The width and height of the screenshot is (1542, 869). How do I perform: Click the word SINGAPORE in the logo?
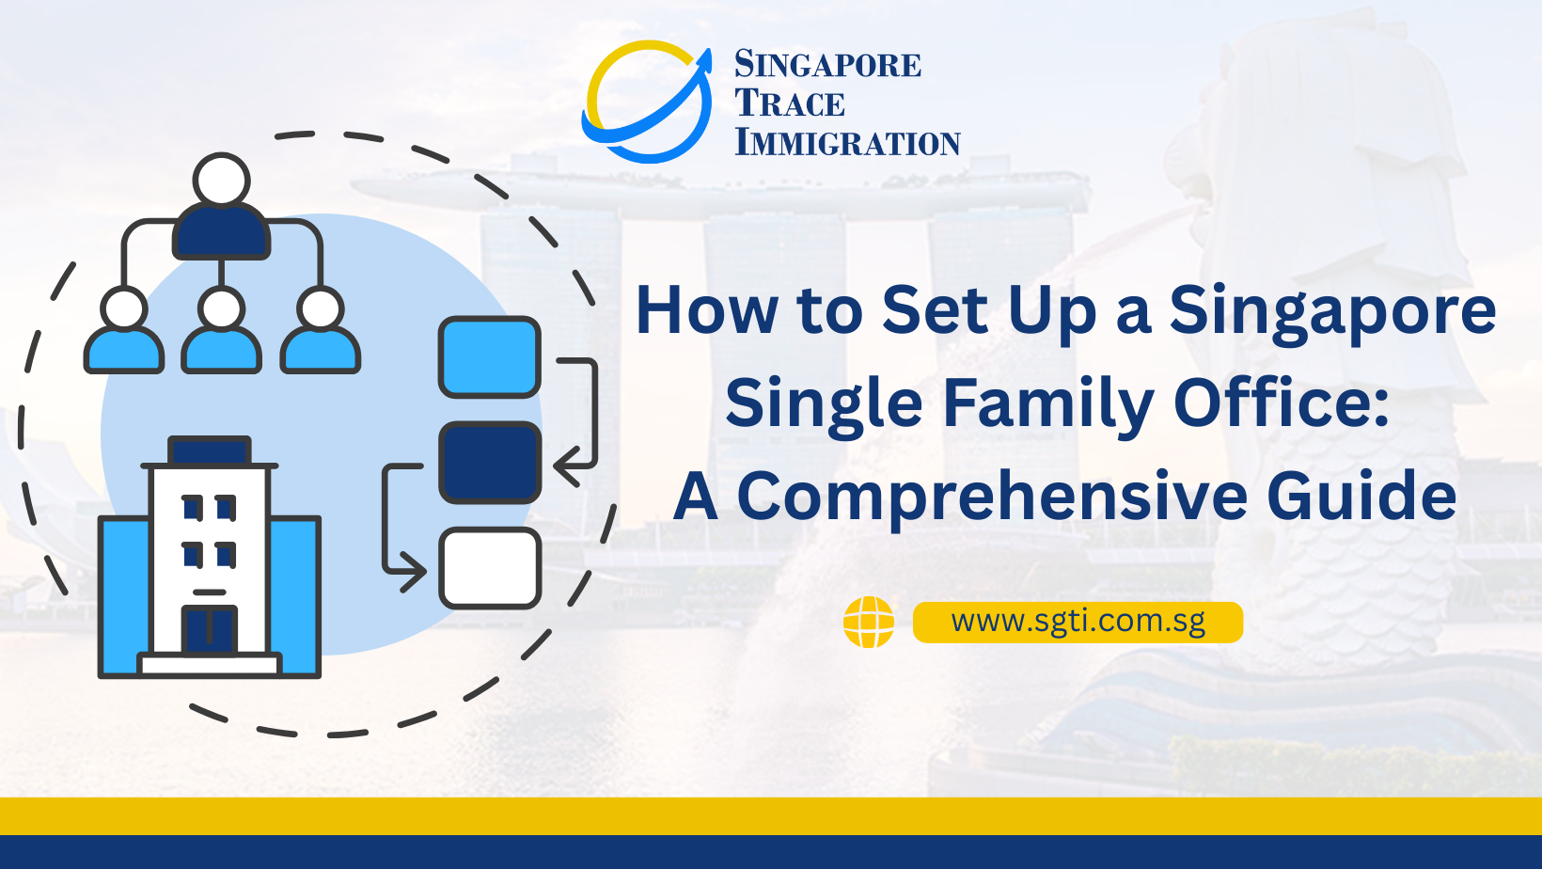pyautogui.click(x=827, y=65)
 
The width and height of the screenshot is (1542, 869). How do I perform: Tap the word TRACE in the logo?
pyautogui.click(x=790, y=103)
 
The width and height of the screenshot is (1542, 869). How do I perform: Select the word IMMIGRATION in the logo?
pyautogui.click(x=847, y=143)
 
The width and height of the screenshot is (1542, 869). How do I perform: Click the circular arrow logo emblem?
pyautogui.click(x=647, y=102)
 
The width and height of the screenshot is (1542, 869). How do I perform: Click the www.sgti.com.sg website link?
pyautogui.click(x=1078, y=622)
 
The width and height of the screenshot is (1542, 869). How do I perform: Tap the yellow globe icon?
pyautogui.click(x=868, y=622)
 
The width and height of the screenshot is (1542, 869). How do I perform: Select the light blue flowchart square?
pyautogui.click(x=489, y=357)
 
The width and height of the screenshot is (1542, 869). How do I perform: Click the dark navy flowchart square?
pyautogui.click(x=489, y=462)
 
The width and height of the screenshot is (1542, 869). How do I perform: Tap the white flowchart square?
pyautogui.click(x=489, y=568)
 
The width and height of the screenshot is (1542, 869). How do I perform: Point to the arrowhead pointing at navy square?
pyautogui.click(x=565, y=464)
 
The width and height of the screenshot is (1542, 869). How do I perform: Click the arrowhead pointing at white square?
pyautogui.click(x=414, y=570)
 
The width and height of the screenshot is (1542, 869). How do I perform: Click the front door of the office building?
pyautogui.click(x=209, y=630)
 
